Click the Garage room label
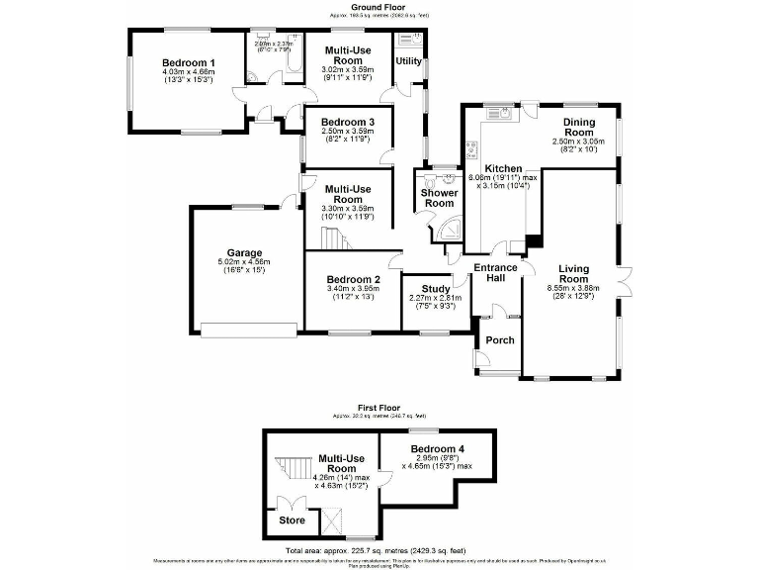[244, 251]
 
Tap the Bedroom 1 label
[188, 61]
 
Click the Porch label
[500, 340]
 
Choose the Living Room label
[574, 274]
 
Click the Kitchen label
[503, 169]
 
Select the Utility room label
[408, 61]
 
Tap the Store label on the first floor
[292, 520]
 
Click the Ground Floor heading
[380, 7]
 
